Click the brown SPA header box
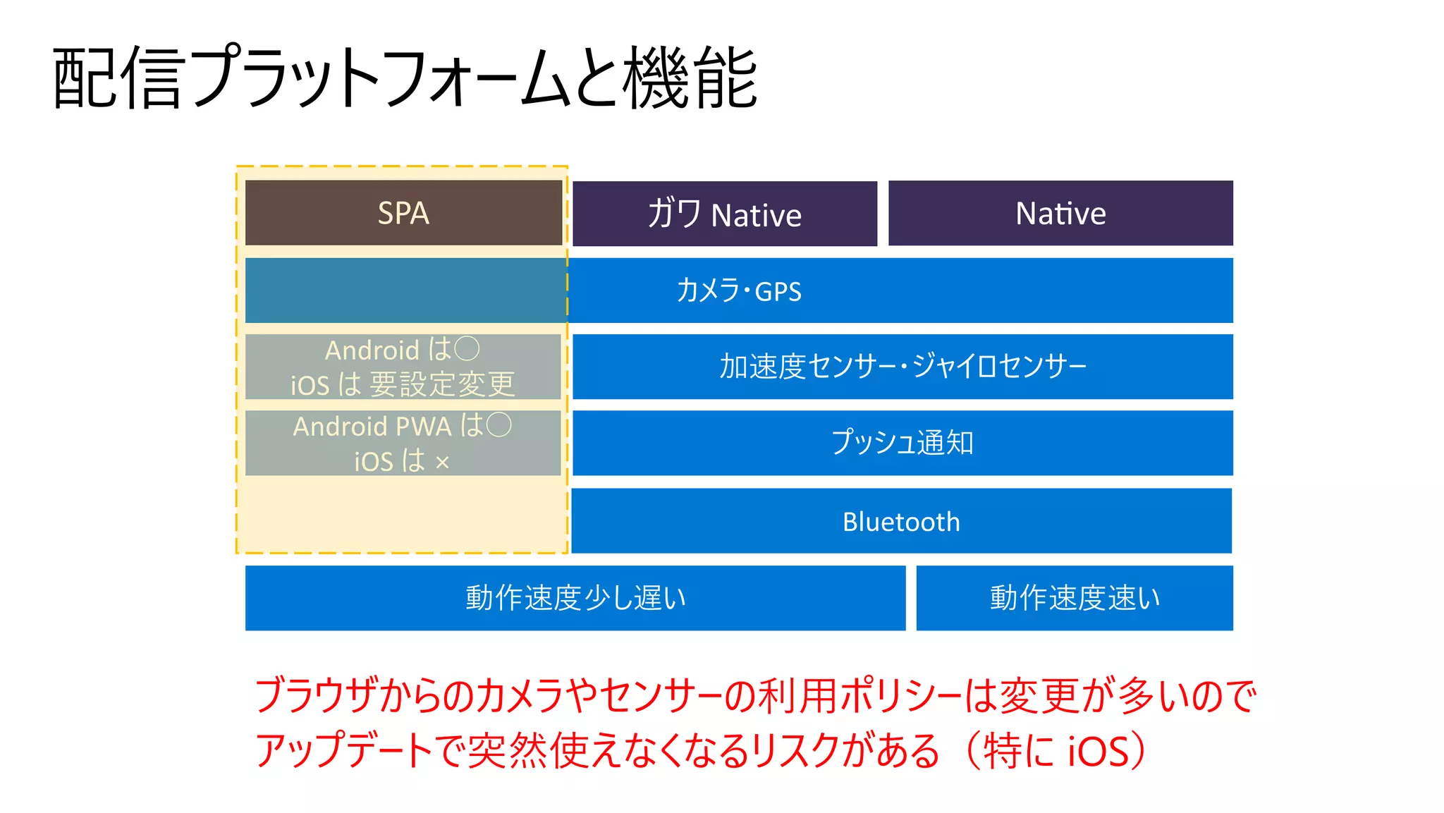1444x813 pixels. click(403, 213)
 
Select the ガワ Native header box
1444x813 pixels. click(724, 214)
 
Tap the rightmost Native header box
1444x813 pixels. click(1060, 213)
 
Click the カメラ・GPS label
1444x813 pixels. click(738, 291)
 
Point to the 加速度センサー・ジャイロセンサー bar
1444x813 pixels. click(902, 367)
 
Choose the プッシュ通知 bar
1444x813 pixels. click(902, 443)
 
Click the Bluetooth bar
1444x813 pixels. click(901, 521)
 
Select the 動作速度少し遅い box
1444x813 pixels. click(575, 598)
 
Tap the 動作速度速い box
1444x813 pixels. click(1074, 598)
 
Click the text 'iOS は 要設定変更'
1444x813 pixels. click(403, 384)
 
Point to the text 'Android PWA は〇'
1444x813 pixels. click(402, 426)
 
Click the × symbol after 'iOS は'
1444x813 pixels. click(442, 463)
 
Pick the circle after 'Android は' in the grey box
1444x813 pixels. click(467, 348)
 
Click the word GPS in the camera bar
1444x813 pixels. click(778, 291)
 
